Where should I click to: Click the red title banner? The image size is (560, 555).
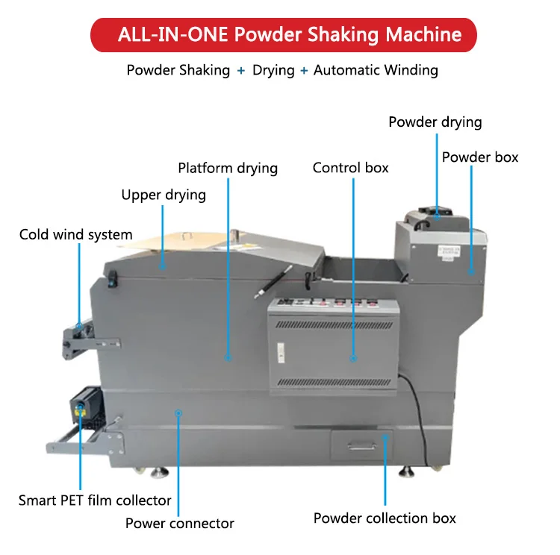(x=283, y=34)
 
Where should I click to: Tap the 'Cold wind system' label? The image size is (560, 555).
(x=75, y=235)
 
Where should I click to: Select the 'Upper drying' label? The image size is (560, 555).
(x=164, y=195)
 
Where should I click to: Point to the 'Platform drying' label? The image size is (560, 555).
(x=228, y=168)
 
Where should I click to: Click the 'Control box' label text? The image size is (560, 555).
(x=350, y=168)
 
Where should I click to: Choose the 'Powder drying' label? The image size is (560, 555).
(x=435, y=122)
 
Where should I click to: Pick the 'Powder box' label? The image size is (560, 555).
(x=479, y=157)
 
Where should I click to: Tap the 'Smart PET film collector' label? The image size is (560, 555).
(x=95, y=501)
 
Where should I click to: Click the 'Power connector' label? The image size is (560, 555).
(x=179, y=523)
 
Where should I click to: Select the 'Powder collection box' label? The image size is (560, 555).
(x=385, y=518)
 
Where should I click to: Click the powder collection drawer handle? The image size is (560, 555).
(x=361, y=445)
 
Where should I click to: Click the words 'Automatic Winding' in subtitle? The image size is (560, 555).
(x=376, y=71)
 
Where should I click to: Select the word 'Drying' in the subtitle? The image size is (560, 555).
(x=273, y=71)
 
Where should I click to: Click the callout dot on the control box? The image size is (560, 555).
(x=353, y=359)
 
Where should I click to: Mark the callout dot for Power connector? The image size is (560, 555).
(x=178, y=411)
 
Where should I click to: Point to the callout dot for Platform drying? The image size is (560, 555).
(x=228, y=359)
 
